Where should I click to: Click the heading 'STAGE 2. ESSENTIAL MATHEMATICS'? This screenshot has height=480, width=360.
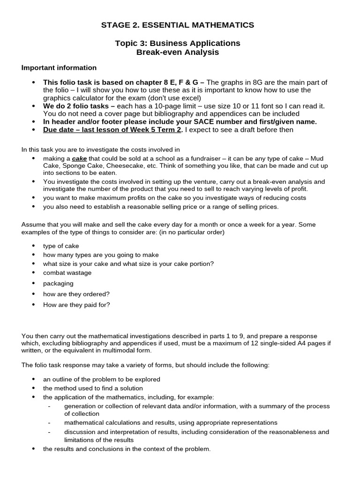178,25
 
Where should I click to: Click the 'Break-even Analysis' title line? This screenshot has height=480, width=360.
178,52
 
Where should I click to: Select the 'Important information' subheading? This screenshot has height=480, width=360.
59,68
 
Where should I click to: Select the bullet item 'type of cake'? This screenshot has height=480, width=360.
61,246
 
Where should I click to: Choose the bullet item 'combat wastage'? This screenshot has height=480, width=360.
67,273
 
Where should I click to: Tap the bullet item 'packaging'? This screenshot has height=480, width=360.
58,284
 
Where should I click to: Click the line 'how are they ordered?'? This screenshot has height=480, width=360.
76,294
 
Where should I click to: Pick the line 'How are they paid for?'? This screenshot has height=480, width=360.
76,305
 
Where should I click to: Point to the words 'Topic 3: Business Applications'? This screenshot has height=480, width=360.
178,43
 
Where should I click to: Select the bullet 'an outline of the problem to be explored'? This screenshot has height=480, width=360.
102,379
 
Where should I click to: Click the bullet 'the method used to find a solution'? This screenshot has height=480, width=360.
93,388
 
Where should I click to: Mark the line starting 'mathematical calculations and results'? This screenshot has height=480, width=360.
171,423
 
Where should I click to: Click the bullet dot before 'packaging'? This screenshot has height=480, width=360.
33,284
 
